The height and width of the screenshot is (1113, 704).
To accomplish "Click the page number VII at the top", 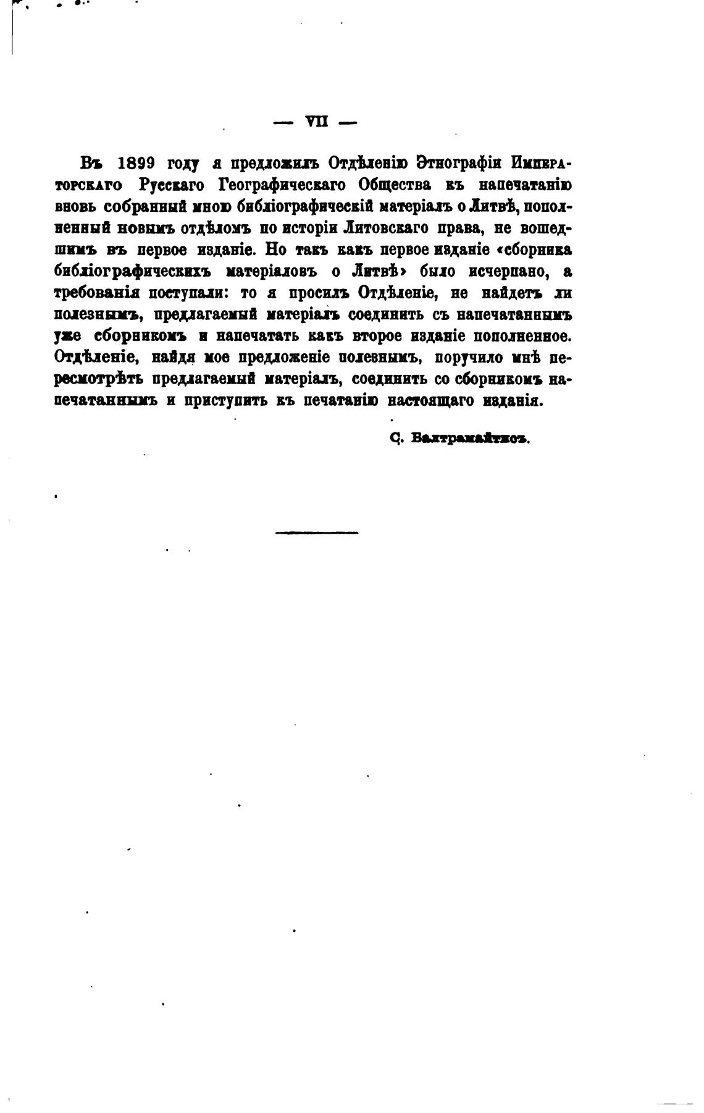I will pyautogui.click(x=316, y=122).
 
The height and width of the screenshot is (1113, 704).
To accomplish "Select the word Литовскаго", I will pyautogui.click(x=383, y=228).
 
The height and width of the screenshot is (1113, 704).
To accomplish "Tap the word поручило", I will pyautogui.click(x=467, y=357).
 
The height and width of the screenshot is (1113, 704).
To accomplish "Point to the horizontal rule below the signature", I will pyautogui.click(x=317, y=532).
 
